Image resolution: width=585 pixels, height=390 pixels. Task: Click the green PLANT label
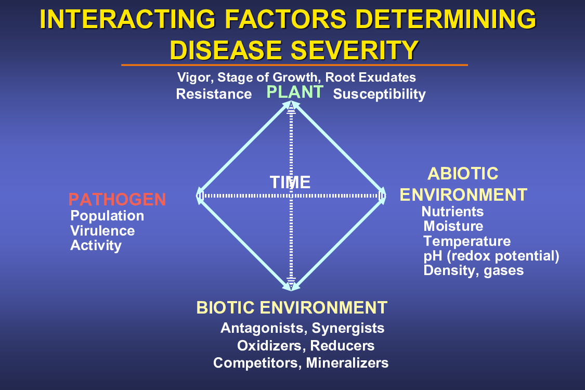(295, 92)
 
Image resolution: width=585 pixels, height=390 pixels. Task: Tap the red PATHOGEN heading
(117, 199)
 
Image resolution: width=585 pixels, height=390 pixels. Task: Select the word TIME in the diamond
(290, 182)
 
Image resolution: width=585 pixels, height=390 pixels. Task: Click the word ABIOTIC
(463, 174)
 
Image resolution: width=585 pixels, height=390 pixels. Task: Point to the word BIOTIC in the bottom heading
(225, 308)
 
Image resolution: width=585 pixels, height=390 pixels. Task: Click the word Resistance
(214, 94)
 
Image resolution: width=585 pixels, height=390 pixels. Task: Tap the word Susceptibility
(379, 94)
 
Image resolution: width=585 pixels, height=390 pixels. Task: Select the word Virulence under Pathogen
(102, 231)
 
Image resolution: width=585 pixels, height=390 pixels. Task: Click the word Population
(107, 216)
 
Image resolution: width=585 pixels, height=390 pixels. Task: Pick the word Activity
(96, 245)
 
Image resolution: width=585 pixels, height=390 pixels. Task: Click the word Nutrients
(452, 212)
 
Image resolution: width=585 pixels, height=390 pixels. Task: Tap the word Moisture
(453, 226)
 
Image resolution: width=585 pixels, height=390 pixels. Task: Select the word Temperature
(467, 241)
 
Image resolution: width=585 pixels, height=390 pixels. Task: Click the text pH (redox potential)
(491, 256)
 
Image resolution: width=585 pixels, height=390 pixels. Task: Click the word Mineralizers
(347, 363)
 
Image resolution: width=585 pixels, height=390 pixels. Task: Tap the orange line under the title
(294, 65)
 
